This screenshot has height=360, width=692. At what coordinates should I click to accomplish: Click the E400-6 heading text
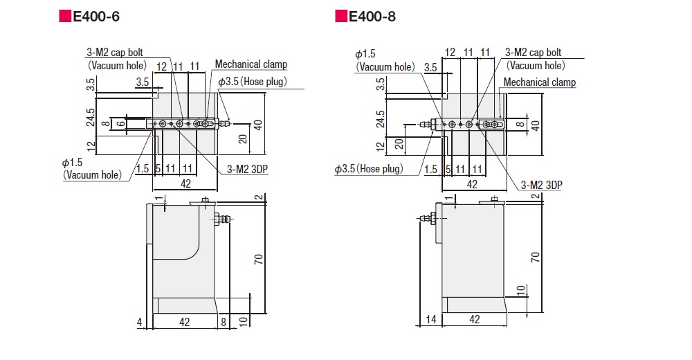point(96,17)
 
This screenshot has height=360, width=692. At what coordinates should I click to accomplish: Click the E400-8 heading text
point(372,17)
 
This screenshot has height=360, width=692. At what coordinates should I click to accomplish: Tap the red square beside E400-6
point(65,16)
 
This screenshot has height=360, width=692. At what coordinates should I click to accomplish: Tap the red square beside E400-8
point(340,16)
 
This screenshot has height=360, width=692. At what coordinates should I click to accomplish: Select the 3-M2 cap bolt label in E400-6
point(115,53)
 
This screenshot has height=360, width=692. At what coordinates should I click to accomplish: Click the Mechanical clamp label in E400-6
point(251,64)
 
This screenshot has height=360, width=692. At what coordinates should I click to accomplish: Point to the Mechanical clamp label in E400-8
point(540,82)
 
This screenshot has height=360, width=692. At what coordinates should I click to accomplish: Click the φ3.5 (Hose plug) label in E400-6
point(253,82)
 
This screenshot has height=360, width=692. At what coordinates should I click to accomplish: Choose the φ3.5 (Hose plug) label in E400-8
point(369,169)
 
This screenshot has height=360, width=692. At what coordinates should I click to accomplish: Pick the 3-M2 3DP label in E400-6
point(247,169)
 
